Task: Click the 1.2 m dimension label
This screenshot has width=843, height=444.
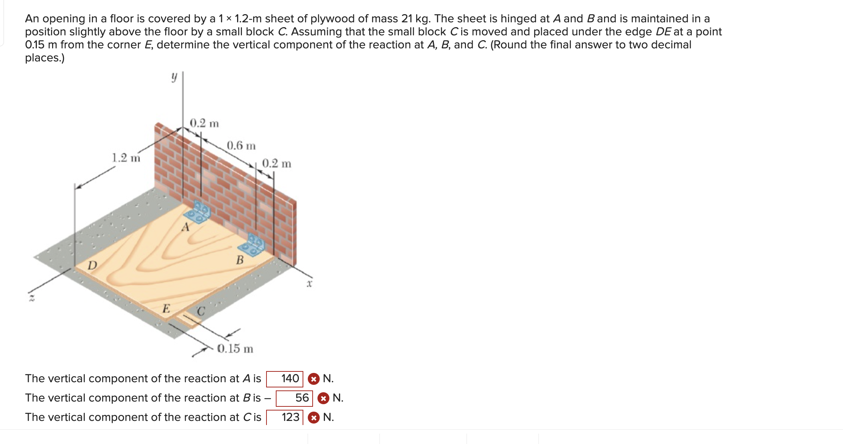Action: tap(126, 158)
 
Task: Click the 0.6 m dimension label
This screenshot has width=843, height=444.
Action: tap(241, 146)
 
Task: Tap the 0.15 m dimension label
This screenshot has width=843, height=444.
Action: tap(235, 349)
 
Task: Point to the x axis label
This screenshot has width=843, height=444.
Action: tap(309, 284)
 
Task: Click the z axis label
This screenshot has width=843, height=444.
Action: tap(32, 298)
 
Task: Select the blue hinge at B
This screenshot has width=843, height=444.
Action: tap(252, 245)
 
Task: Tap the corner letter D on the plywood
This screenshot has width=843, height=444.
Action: tap(92, 265)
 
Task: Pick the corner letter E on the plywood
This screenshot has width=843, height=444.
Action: tap(166, 309)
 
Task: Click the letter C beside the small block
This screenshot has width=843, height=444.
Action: tap(201, 311)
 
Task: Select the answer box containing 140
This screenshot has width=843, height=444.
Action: tap(285, 379)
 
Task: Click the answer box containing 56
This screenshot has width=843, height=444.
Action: tap(294, 398)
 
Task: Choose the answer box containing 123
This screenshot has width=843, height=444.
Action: tap(285, 418)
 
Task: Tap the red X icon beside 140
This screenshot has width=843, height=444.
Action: tap(314, 379)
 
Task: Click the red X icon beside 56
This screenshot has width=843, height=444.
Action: tap(323, 399)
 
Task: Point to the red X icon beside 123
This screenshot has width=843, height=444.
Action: tap(314, 418)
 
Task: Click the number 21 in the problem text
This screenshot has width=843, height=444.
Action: tap(407, 19)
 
